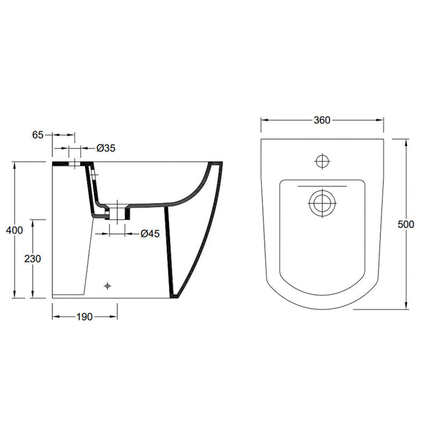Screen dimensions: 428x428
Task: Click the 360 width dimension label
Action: pos(322,120)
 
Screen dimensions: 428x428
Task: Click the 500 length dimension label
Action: pos(405,224)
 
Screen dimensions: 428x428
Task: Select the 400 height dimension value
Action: pos(15,231)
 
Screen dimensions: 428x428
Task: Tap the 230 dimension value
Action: pos(33,259)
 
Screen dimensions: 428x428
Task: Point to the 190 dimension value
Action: pos(84,317)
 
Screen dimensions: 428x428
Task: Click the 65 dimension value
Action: pos(38,135)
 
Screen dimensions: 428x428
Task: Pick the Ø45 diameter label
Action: pos(150,233)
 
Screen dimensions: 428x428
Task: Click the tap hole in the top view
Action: pos(322,161)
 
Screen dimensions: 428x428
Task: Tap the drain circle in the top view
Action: pos(322,204)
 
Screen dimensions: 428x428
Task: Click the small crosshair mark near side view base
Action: pos(108,285)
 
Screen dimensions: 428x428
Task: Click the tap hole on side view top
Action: pos(75,163)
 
